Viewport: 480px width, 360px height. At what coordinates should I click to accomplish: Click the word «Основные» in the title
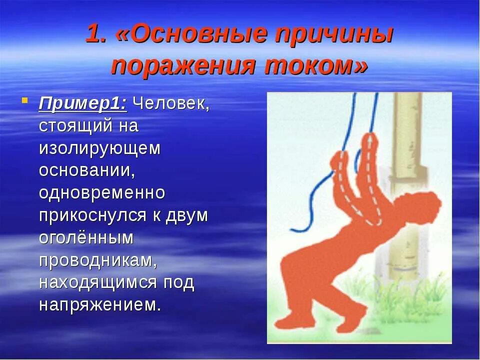[198, 33]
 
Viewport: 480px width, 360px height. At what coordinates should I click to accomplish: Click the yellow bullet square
[25, 100]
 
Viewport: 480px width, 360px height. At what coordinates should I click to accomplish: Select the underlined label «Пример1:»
[82, 104]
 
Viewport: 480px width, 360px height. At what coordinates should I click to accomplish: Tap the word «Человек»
[171, 103]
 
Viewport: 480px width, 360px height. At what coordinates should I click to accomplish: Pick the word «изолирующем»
[100, 148]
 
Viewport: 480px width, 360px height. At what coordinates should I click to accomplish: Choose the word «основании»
[87, 170]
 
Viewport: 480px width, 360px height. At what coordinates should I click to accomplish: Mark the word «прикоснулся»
[93, 215]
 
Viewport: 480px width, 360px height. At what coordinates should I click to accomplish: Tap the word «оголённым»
[86, 237]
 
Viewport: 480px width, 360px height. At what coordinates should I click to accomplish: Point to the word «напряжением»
[100, 305]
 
